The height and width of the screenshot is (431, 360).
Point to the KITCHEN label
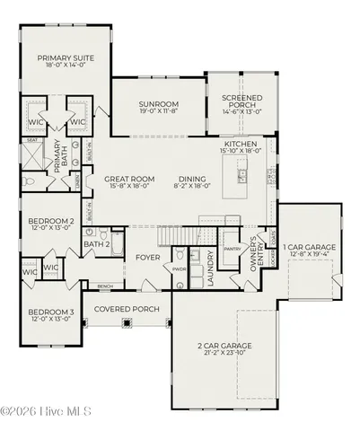tap(241, 144)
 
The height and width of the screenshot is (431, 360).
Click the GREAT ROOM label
tap(125, 179)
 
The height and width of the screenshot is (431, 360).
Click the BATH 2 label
tap(96, 243)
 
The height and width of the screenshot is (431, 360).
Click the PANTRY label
tap(233, 250)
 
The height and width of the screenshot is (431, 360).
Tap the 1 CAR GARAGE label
tap(309, 247)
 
